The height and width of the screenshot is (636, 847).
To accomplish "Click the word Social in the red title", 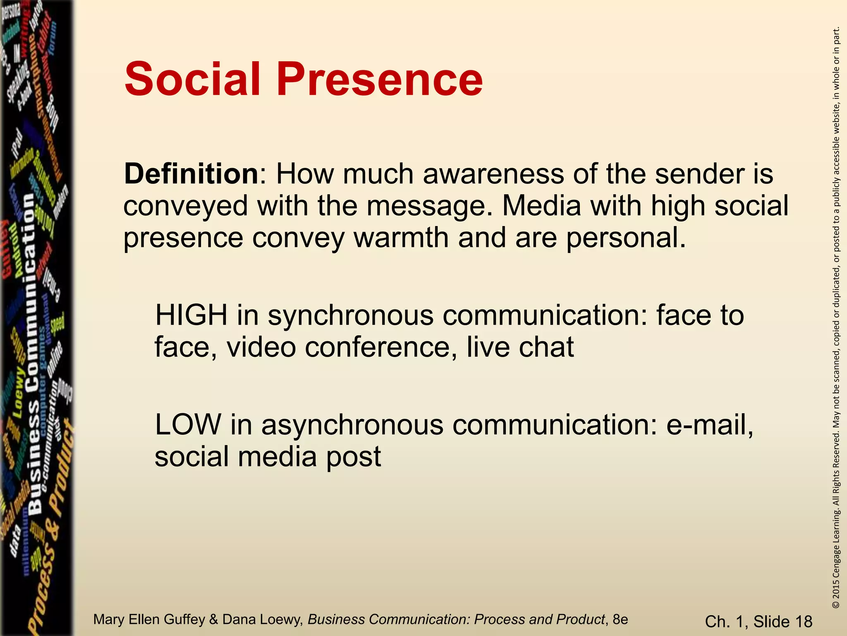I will click(x=192, y=79).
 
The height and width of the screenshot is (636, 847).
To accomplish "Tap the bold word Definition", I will click(x=191, y=174).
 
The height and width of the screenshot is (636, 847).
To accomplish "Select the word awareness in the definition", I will click(x=493, y=174).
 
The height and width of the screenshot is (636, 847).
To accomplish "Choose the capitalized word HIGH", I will click(x=191, y=316).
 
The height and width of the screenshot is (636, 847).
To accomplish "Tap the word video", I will click(x=261, y=347).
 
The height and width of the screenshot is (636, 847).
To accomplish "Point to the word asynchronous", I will click(x=352, y=426).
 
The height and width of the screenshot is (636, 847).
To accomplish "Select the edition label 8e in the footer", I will click(x=620, y=619).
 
